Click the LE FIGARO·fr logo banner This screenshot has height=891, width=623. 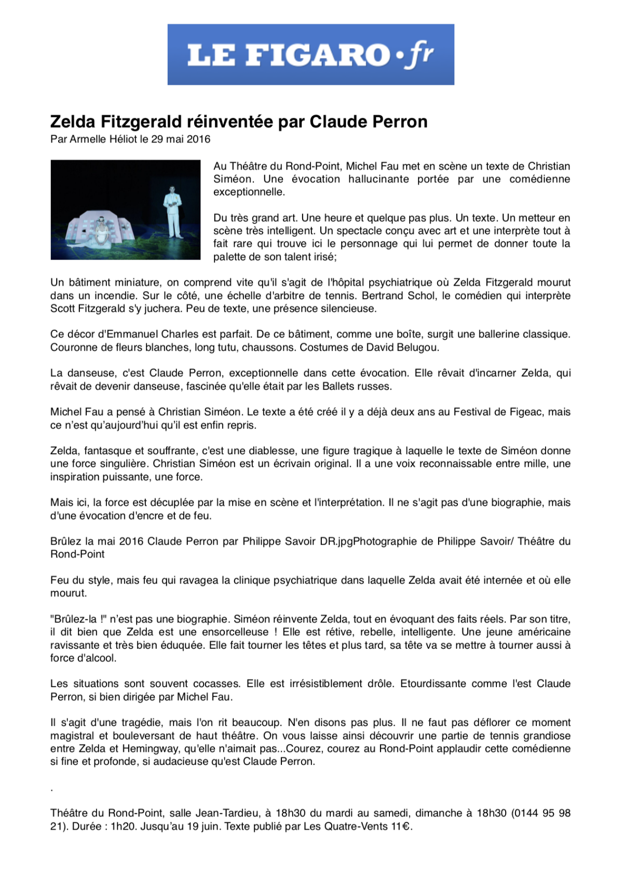click(x=310, y=54)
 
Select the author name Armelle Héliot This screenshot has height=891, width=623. click(x=103, y=139)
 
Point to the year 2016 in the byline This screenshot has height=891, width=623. click(x=198, y=139)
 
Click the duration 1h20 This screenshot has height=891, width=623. click(x=123, y=827)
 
